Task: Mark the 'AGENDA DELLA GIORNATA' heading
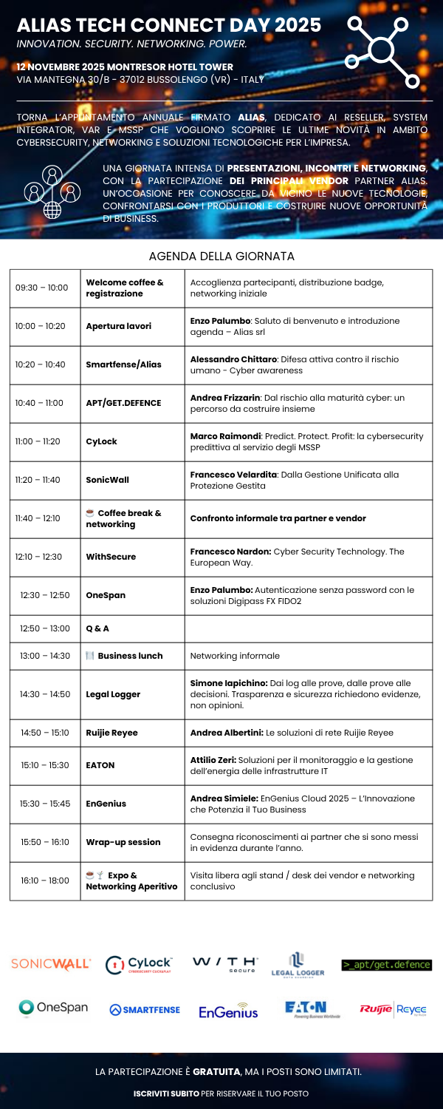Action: (221, 256)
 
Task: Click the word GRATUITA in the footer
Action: (216, 1071)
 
